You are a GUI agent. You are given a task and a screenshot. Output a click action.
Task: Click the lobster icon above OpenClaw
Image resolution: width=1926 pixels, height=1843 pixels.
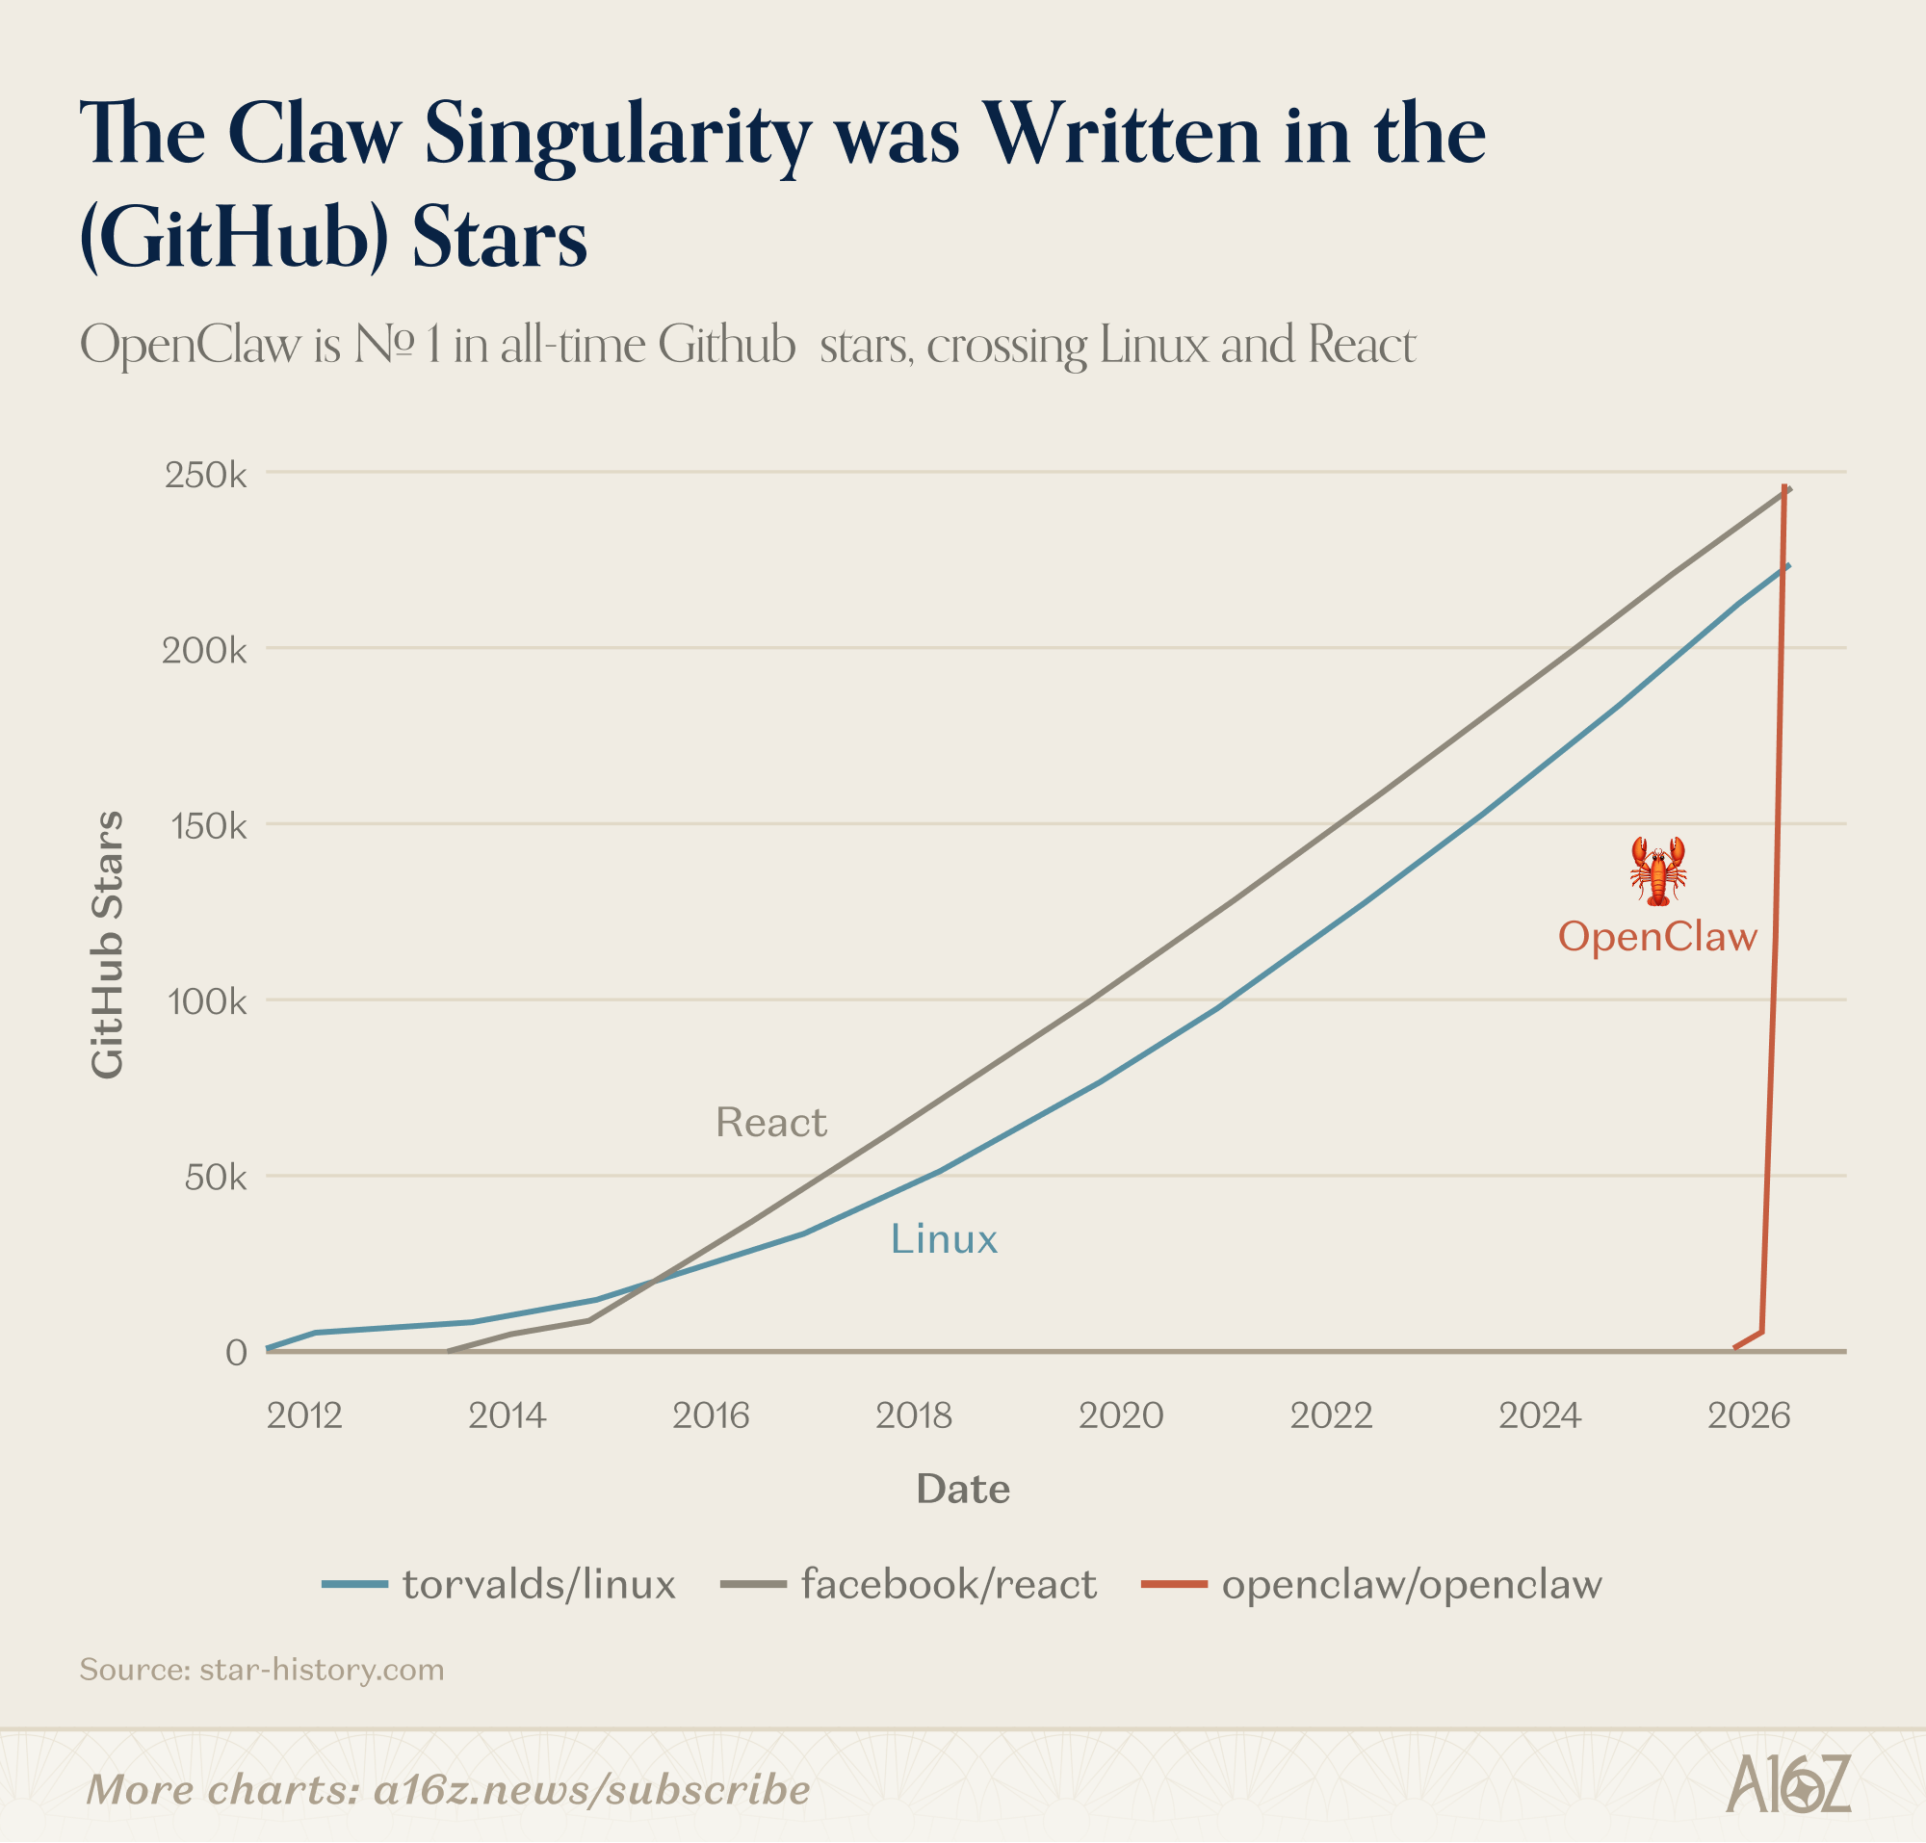pos(1657,870)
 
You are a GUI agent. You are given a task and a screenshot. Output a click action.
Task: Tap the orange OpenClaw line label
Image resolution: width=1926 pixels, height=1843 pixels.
pos(1656,936)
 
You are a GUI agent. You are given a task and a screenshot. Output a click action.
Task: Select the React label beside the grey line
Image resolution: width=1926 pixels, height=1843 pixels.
pos(770,1122)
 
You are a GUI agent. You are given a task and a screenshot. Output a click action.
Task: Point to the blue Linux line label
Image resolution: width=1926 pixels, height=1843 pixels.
pos(944,1239)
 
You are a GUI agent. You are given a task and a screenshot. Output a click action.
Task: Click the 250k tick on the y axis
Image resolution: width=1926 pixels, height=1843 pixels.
pos(205,476)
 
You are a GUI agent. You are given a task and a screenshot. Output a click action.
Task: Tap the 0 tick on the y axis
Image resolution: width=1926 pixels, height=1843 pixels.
pos(236,1353)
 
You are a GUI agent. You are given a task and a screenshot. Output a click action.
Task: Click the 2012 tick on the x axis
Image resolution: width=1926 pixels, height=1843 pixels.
pos(304,1415)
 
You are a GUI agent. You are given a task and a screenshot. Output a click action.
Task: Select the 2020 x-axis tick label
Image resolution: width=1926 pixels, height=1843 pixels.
pos(1120,1415)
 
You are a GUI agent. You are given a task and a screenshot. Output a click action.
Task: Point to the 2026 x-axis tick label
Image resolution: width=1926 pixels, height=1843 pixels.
pos(1748,1415)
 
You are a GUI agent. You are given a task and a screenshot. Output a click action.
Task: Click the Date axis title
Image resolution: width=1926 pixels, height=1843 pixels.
pos(963,1490)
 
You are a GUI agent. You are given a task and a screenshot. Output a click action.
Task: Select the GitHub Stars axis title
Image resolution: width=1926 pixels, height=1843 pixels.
pos(108,945)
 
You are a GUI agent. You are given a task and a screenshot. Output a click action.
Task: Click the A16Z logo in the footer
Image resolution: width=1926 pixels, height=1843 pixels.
pos(1788,1783)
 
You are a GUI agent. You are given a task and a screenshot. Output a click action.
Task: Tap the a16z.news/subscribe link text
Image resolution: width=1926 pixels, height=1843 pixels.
pos(591,1790)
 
